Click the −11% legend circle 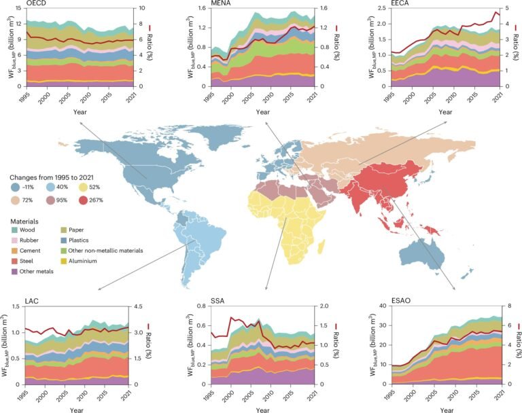(14, 187)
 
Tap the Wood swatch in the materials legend (14, 230)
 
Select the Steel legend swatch (14, 260)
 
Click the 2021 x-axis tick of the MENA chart (310, 94)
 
